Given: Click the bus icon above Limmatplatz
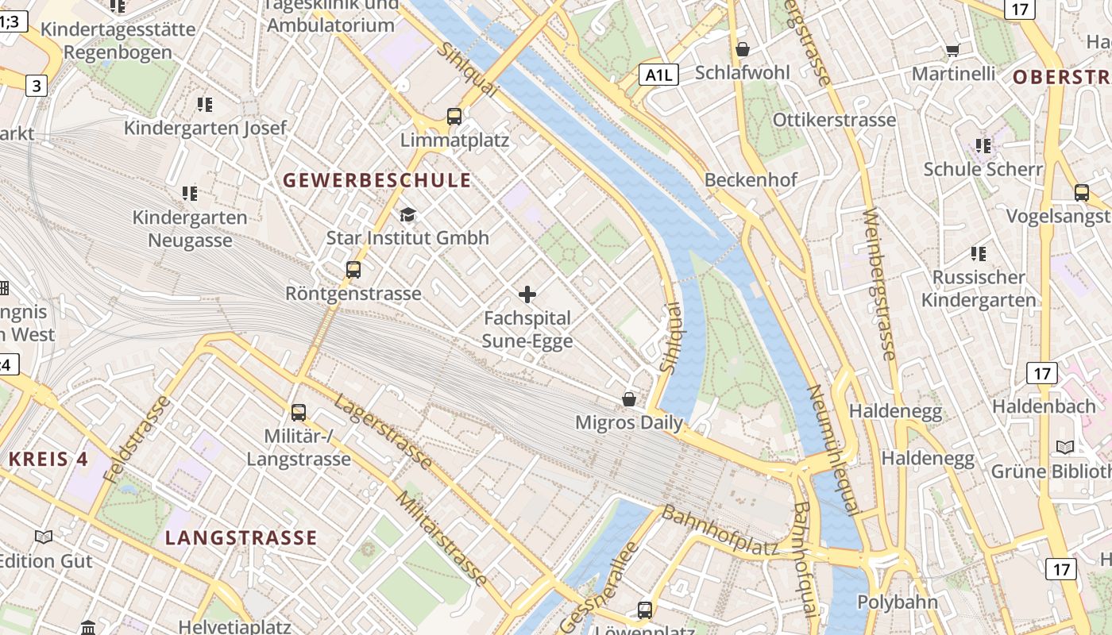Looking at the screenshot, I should click(x=454, y=117).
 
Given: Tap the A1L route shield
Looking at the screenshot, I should click(x=659, y=75).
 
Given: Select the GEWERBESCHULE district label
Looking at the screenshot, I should click(x=376, y=180).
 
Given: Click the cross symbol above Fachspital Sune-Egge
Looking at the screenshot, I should click(x=527, y=295).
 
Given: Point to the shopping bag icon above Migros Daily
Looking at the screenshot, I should click(x=629, y=398).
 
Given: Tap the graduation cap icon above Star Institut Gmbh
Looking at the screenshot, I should click(x=407, y=214).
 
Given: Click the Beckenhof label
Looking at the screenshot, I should click(x=751, y=179).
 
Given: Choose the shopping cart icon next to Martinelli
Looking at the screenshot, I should click(x=952, y=51).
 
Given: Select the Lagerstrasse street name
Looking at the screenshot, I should click(x=383, y=431).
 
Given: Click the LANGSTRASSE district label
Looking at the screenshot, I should click(x=241, y=537).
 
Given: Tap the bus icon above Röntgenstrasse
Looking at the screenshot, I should click(x=353, y=270).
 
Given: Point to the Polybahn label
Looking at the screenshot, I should click(x=898, y=602).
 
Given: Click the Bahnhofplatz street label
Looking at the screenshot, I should click(x=720, y=530).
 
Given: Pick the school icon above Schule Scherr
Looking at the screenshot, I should click(x=983, y=146).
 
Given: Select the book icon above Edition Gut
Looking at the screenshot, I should click(x=44, y=537).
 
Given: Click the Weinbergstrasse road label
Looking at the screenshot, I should click(x=880, y=284).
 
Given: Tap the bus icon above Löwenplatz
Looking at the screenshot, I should click(x=645, y=610).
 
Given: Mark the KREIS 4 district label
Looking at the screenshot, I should click(x=48, y=459).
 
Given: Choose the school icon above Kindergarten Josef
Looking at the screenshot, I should click(x=205, y=104).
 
